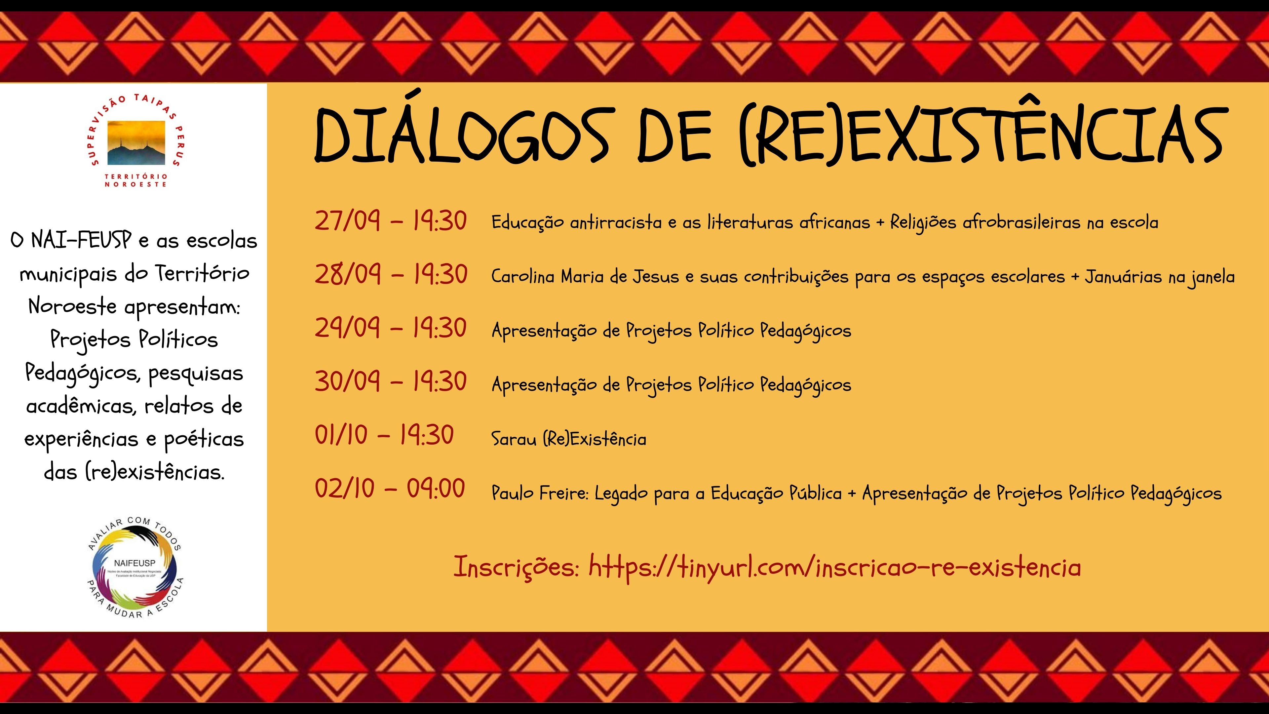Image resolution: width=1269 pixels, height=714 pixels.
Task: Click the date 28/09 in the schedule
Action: pyautogui.click(x=348, y=274)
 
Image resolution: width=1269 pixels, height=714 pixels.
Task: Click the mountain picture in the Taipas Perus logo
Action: pyautogui.click(x=137, y=143)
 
